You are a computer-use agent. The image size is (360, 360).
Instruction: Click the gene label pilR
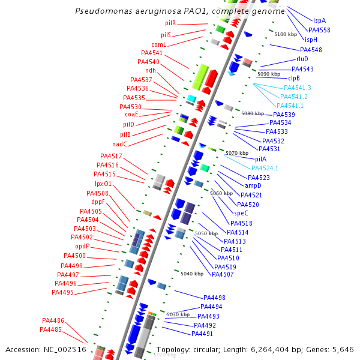point(170,23)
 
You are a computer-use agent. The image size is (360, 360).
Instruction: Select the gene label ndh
point(151,71)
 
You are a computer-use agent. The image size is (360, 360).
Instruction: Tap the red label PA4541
point(152,53)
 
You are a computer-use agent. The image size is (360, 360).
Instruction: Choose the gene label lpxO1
point(103,184)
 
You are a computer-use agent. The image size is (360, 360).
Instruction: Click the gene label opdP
point(83,247)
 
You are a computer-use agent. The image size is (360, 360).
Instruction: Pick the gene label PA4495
point(62,293)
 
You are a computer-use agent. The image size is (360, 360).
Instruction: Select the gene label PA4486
point(53,320)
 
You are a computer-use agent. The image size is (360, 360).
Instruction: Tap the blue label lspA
point(319,20)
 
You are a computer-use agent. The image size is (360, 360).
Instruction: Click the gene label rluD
point(302,59)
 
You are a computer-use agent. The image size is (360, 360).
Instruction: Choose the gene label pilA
point(260,159)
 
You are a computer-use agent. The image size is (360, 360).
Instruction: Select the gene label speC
point(241,213)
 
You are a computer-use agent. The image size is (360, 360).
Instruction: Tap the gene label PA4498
point(214,298)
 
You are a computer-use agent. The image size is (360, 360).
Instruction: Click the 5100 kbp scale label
point(285,35)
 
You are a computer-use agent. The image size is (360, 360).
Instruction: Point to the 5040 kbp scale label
point(191,274)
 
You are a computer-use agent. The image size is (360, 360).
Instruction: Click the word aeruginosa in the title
point(175,11)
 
